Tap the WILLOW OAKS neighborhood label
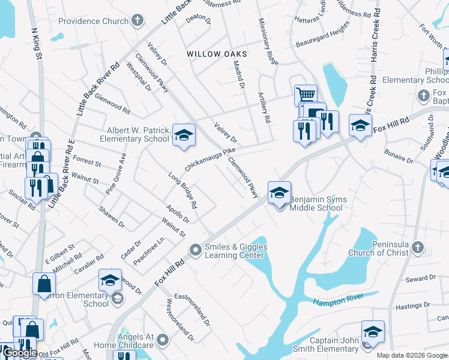[217, 54]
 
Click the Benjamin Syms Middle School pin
[279, 193]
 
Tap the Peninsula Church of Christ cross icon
[418, 247]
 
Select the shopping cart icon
[306, 95]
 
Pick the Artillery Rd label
[262, 107]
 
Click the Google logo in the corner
[20, 353]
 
